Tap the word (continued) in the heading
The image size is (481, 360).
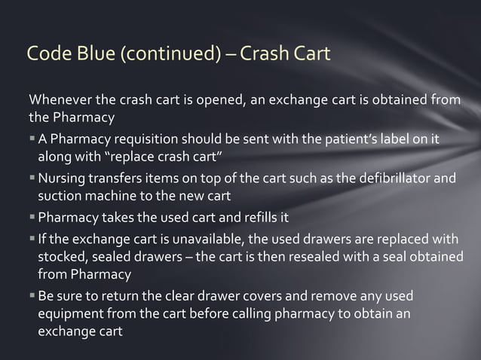pyautogui.click(x=158, y=54)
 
